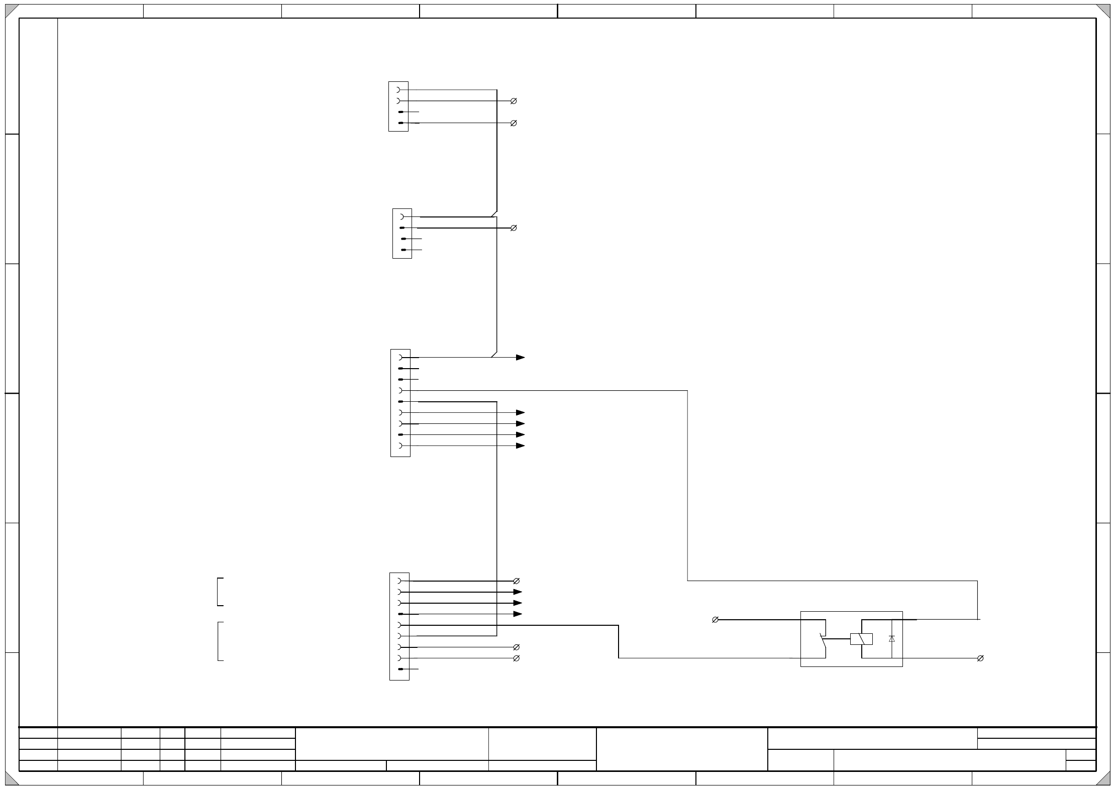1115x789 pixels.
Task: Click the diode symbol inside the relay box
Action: point(892,639)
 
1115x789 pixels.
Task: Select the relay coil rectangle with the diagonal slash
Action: point(861,639)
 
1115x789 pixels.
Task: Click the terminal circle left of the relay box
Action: point(715,620)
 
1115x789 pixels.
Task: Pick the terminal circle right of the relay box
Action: point(980,658)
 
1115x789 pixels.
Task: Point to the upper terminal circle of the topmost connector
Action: point(514,101)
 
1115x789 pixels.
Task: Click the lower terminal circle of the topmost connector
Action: point(514,123)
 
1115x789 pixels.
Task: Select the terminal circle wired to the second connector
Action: point(514,228)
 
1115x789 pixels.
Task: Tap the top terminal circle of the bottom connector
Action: point(516,581)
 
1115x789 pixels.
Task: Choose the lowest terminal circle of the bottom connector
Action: point(516,658)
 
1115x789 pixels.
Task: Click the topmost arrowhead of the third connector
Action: point(521,358)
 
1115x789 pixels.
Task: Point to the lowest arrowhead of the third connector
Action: point(521,446)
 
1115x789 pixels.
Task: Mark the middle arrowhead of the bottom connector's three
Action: point(518,603)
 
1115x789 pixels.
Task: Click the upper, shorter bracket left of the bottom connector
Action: point(220,592)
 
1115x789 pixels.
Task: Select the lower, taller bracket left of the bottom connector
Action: point(220,641)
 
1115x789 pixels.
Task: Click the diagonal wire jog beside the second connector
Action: point(494,214)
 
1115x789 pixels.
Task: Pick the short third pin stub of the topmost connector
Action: point(410,112)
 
